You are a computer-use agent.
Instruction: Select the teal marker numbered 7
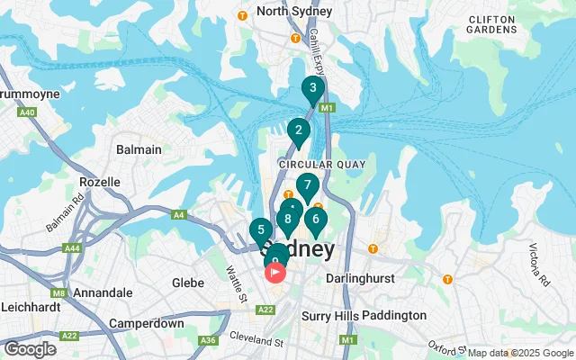coord(308,186)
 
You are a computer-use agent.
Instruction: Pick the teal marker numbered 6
coord(315,219)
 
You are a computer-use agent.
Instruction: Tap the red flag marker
coord(274,270)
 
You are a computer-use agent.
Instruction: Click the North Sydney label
coord(294,12)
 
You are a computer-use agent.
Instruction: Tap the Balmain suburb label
coord(139,149)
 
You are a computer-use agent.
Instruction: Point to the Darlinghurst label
coord(359,279)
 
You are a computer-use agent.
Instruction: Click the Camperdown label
coord(146,322)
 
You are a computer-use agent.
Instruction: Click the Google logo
coord(30,348)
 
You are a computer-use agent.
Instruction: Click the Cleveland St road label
coord(255,343)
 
